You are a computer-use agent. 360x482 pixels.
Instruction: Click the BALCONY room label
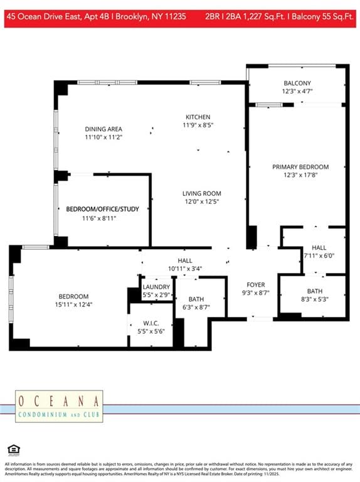coord(297,83)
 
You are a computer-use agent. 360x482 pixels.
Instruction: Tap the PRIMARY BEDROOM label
coord(300,166)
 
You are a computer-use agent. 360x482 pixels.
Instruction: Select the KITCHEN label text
coord(198,117)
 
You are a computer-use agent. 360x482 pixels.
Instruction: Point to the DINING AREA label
coord(103,129)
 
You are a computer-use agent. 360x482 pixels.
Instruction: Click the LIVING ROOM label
coord(201,193)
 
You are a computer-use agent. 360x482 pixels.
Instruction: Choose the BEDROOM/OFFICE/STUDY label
coord(98,209)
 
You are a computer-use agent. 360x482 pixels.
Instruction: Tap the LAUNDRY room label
coord(156,286)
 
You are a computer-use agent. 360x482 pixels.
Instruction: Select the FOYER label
coord(255,284)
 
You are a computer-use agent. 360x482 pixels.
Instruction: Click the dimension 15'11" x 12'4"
coord(73,305)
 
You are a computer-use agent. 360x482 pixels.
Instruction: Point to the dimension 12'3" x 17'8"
coord(300,175)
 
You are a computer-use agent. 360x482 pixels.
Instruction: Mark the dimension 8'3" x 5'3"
coord(315,299)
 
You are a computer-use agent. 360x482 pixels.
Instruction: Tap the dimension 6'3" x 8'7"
coord(196,308)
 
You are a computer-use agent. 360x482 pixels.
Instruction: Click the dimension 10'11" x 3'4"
coord(184,269)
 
